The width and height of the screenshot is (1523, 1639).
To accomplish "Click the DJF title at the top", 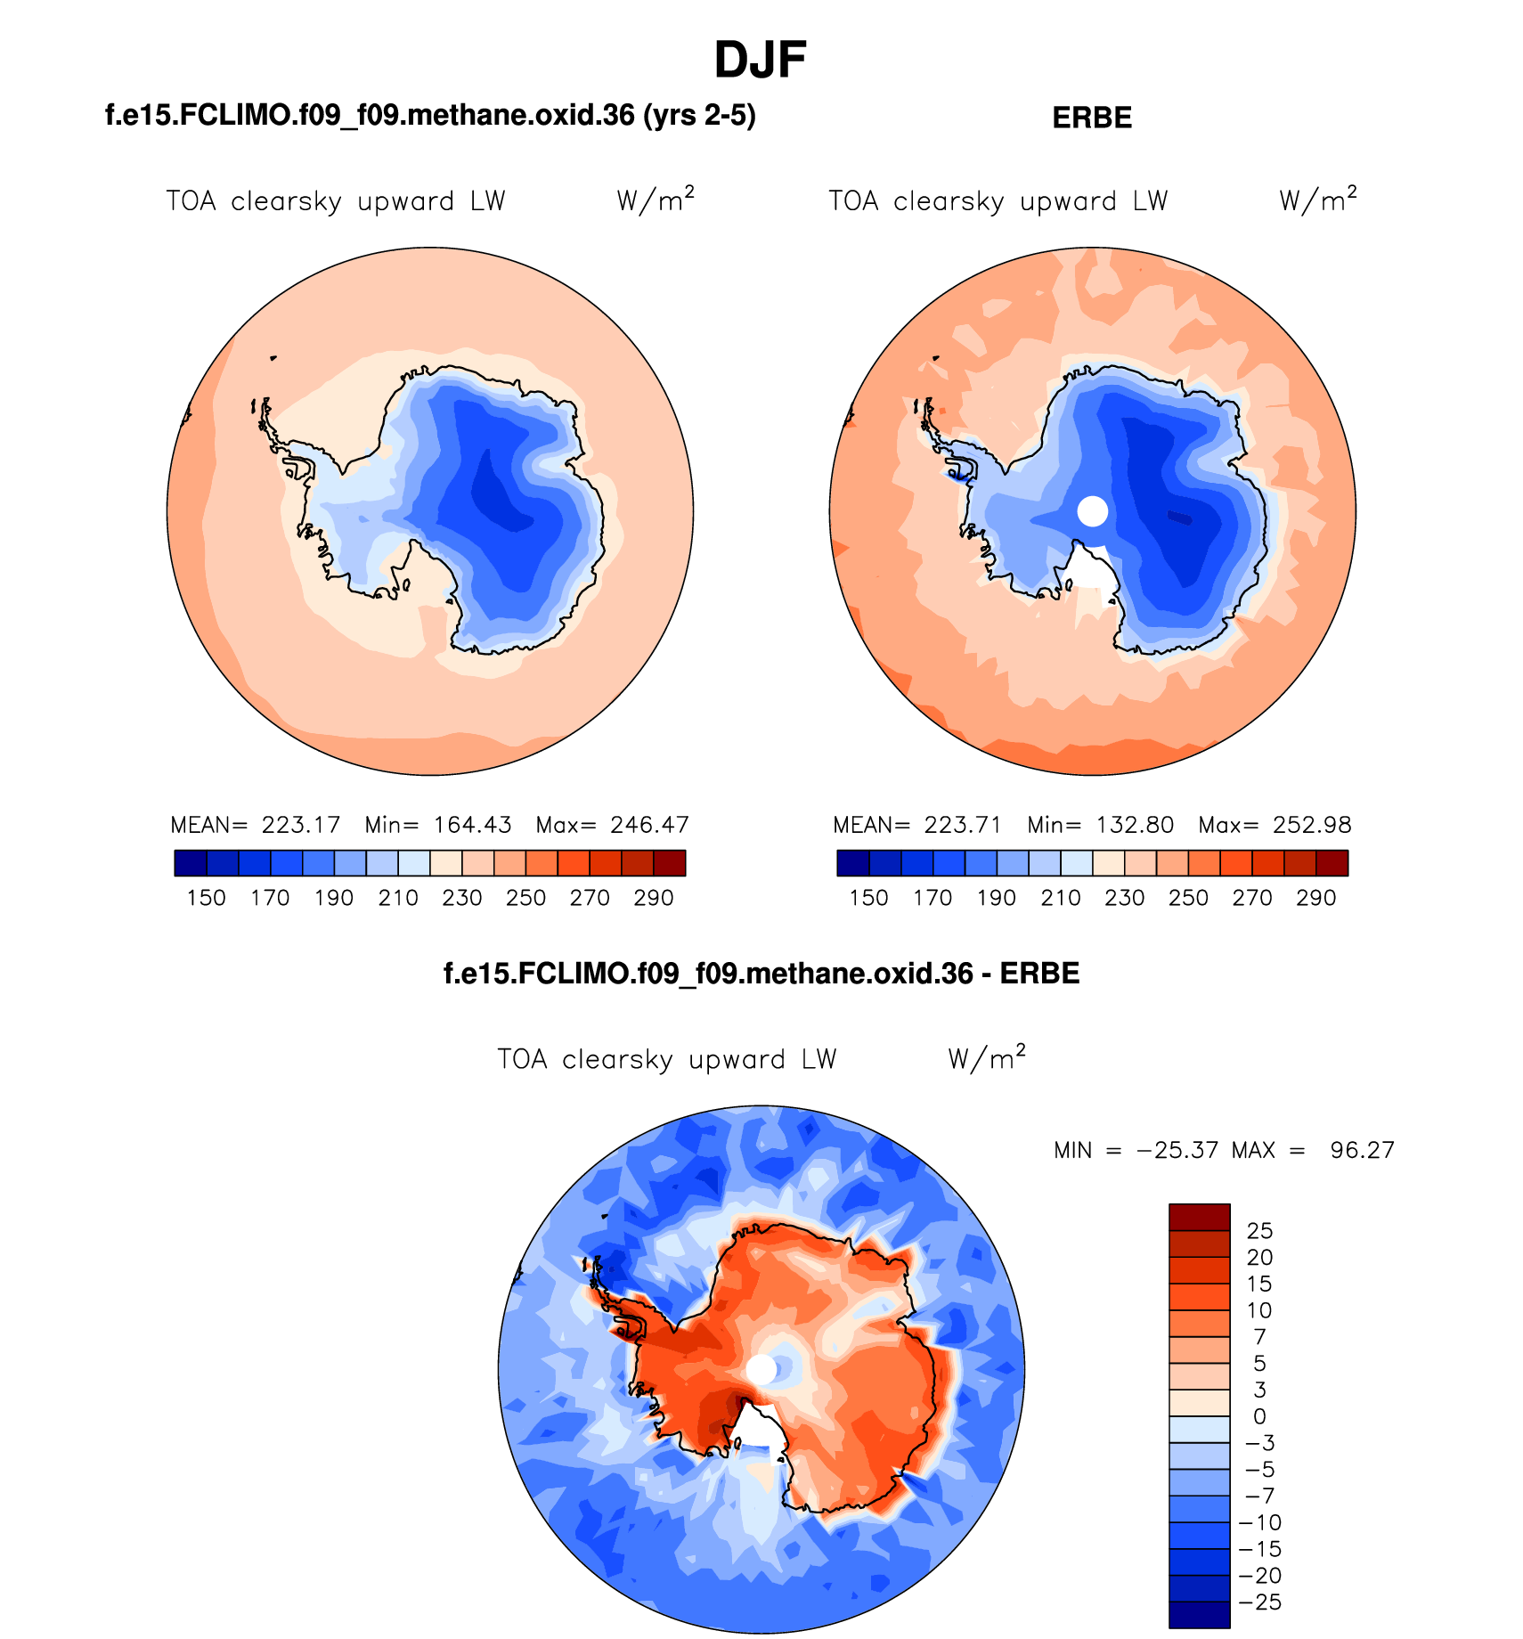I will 760,61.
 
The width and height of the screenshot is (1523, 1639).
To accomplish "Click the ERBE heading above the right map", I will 1092,118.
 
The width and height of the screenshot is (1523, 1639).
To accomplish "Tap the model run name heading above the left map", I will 430,115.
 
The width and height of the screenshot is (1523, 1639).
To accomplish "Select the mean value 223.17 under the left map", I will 301,825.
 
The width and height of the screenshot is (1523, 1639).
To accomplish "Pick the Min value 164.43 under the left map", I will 472,825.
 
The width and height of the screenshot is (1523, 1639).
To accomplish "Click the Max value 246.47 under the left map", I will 649,825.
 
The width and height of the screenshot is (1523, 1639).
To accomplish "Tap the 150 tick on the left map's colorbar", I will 206,898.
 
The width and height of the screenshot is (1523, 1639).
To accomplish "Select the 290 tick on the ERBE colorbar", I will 1315,898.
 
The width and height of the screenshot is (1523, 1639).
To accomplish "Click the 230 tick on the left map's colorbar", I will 461,898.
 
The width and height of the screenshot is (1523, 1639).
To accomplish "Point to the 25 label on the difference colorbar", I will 1259,1231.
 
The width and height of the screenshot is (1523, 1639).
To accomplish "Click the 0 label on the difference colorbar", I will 1259,1416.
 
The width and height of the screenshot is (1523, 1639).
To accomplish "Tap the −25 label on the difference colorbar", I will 1259,1602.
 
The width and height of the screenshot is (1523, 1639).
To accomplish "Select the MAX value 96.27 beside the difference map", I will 1362,1150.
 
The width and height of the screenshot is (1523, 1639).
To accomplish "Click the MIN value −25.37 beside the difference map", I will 1177,1150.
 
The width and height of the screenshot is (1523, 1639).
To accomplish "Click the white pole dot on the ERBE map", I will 1093,511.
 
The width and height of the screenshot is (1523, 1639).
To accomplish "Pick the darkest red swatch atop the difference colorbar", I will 1199,1217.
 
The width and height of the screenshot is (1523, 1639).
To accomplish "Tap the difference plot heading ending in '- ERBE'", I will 761,973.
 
